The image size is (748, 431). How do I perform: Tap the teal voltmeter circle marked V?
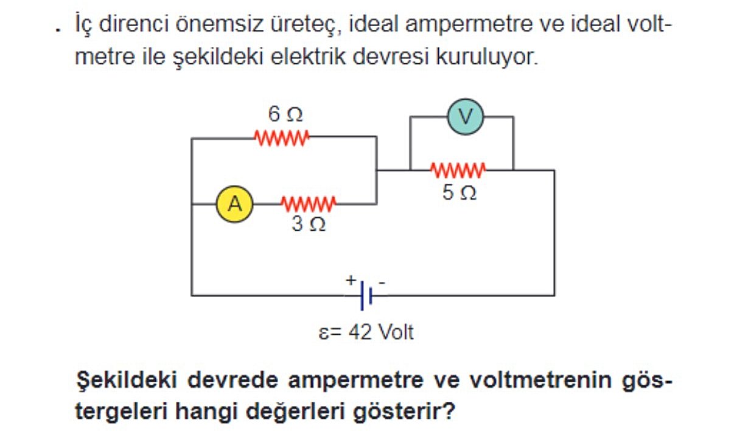point(465,117)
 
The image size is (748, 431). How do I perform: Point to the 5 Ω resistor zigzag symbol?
point(458,170)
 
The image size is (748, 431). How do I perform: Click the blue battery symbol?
point(366,295)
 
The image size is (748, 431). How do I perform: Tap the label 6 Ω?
point(285,114)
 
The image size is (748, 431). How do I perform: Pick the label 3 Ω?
point(309,225)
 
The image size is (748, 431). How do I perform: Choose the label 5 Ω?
point(459,193)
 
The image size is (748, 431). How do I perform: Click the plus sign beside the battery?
point(351,280)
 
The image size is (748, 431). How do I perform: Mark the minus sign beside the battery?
point(382,281)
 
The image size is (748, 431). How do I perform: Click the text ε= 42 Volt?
point(366,333)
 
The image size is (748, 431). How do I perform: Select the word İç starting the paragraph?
point(83,26)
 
